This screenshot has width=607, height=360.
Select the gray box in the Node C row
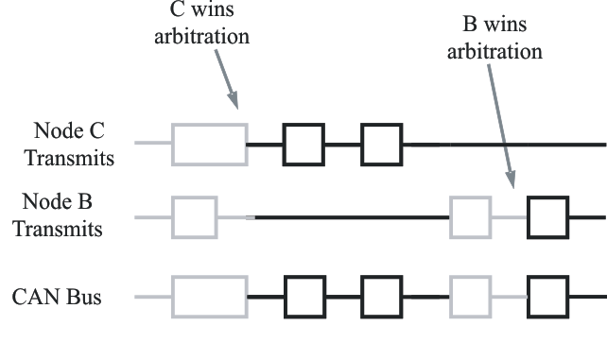coord(209,145)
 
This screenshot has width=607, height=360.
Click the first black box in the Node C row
coord(303,145)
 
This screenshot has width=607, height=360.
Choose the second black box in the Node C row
coord(382,145)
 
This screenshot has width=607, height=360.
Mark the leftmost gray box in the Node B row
coord(194,217)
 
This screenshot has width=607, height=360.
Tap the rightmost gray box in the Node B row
coord(470,217)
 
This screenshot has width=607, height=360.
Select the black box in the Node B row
coord(547,217)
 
